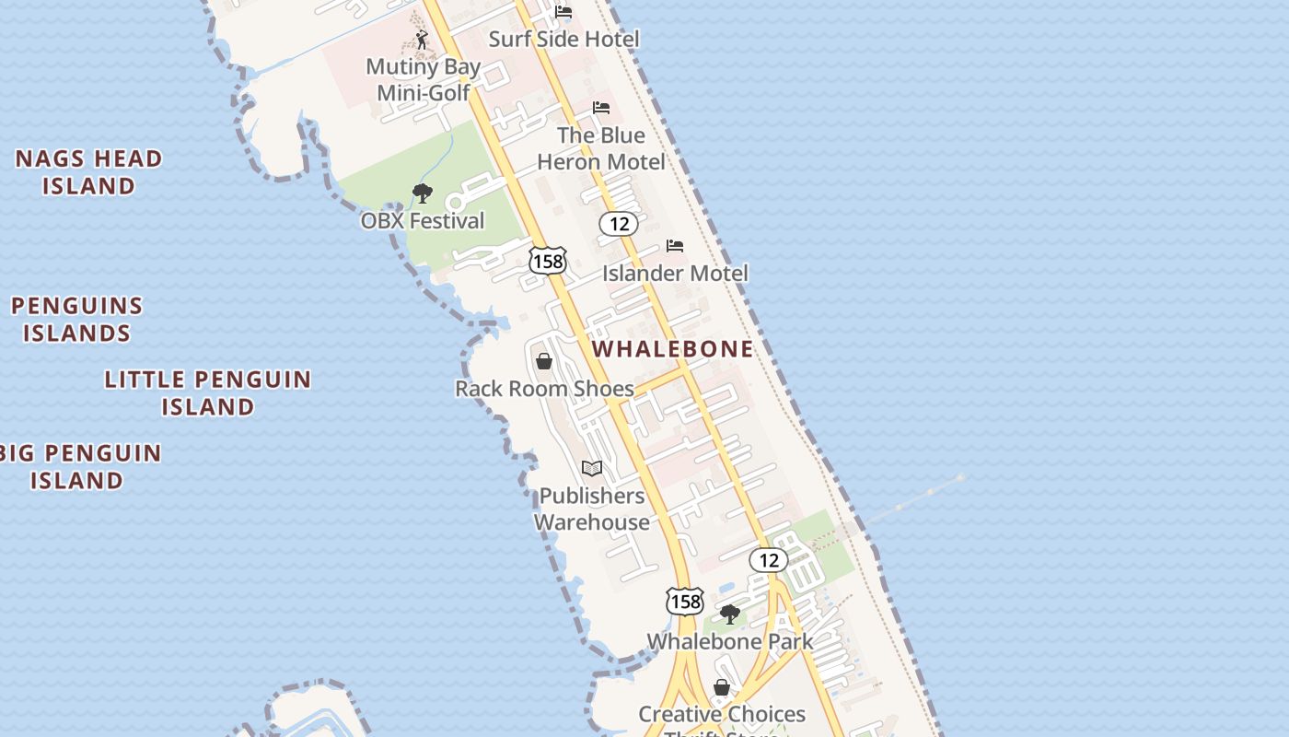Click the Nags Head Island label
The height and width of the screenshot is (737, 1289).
click(x=88, y=172)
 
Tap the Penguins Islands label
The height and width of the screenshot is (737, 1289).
click(x=77, y=320)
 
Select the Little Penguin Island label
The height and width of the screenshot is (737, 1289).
click(x=208, y=392)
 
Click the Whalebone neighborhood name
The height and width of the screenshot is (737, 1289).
click(x=673, y=349)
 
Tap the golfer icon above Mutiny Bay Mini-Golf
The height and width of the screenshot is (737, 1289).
click(x=422, y=40)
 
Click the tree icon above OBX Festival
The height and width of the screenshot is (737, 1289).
click(x=423, y=193)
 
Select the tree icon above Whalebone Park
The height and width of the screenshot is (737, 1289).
click(x=730, y=614)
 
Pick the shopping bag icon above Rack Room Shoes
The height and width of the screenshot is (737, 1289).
click(x=544, y=361)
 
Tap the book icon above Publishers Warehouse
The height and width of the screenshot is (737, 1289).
click(x=592, y=469)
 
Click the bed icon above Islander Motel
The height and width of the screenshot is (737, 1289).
click(x=675, y=246)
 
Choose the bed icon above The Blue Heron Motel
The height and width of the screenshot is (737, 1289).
click(x=601, y=108)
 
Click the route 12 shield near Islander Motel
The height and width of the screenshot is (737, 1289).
click(x=619, y=223)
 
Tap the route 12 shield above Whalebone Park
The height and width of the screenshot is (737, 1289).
click(x=768, y=559)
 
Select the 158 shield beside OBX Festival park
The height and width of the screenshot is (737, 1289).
click(x=547, y=261)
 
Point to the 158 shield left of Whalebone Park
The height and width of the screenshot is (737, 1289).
click(x=685, y=602)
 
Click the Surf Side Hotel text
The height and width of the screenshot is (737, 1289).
click(x=563, y=39)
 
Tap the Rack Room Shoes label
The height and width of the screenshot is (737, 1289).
click(x=544, y=389)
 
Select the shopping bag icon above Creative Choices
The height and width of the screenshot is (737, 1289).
click(x=722, y=687)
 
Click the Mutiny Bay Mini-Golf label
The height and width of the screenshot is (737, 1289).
click(x=424, y=79)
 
